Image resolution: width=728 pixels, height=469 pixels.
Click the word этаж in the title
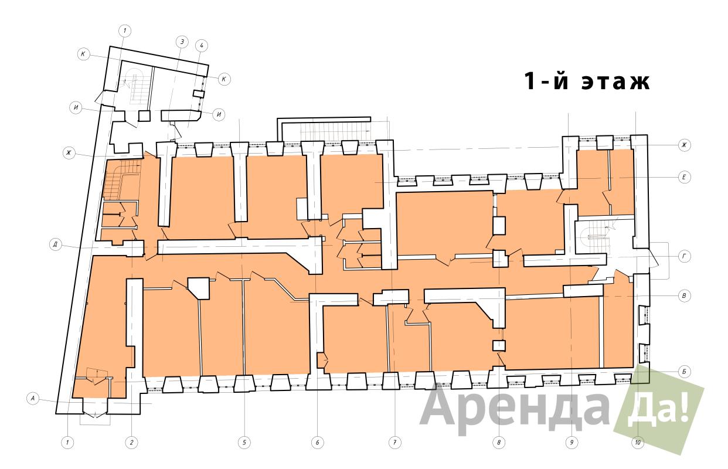click(x=615, y=81)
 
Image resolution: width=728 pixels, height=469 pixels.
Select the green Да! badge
click(x=659, y=410)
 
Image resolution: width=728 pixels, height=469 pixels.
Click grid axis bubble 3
click(x=182, y=42)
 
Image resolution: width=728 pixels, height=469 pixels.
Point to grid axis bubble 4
click(x=202, y=46)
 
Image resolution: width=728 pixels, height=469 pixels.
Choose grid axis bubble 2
click(x=132, y=443)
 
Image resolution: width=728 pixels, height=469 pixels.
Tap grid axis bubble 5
click(x=244, y=443)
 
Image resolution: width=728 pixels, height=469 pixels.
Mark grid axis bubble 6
click(x=318, y=443)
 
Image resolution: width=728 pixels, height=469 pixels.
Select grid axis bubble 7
click(x=395, y=443)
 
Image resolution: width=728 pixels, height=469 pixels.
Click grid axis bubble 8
click(x=499, y=443)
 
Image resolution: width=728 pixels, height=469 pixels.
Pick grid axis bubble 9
click(x=571, y=443)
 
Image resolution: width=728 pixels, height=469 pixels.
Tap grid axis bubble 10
click(x=638, y=443)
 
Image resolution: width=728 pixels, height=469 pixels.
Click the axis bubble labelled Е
click(x=684, y=178)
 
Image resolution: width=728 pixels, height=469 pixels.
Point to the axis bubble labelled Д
click(x=56, y=244)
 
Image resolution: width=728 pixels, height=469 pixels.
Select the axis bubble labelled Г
click(x=684, y=257)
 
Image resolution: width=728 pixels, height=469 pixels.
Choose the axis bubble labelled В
click(x=684, y=296)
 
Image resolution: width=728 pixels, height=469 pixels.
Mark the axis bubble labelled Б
click(x=684, y=372)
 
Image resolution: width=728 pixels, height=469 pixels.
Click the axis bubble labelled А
click(x=32, y=398)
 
